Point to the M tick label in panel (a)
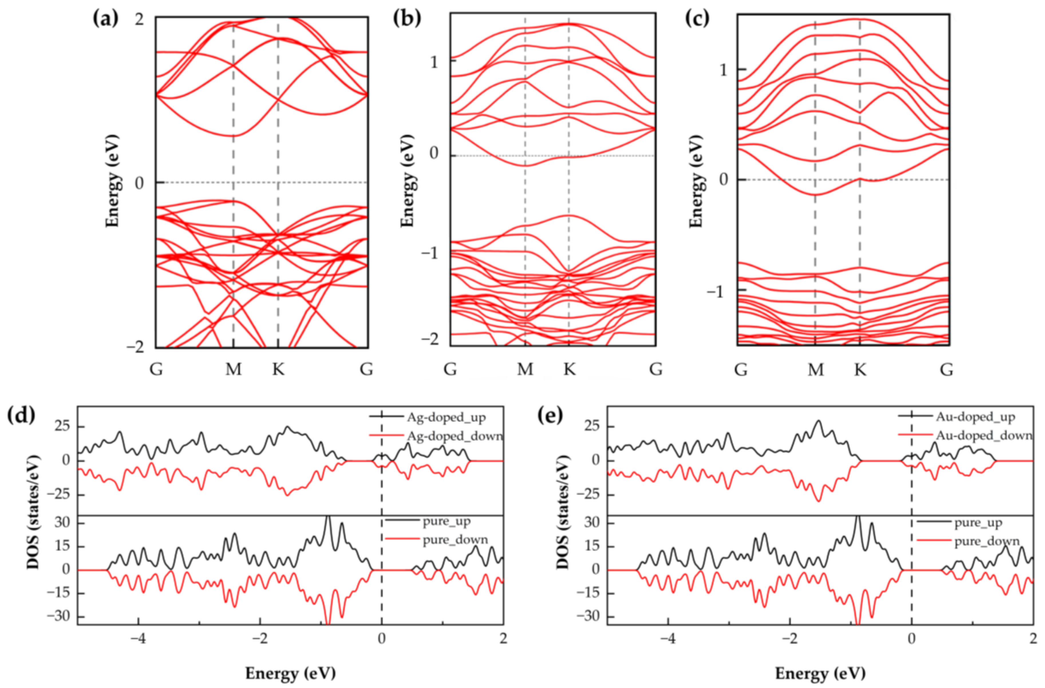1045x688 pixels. (233, 369)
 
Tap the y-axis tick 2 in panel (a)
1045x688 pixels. (140, 20)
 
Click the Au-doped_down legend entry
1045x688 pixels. (983, 435)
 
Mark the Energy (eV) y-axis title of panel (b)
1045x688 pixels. (408, 181)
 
